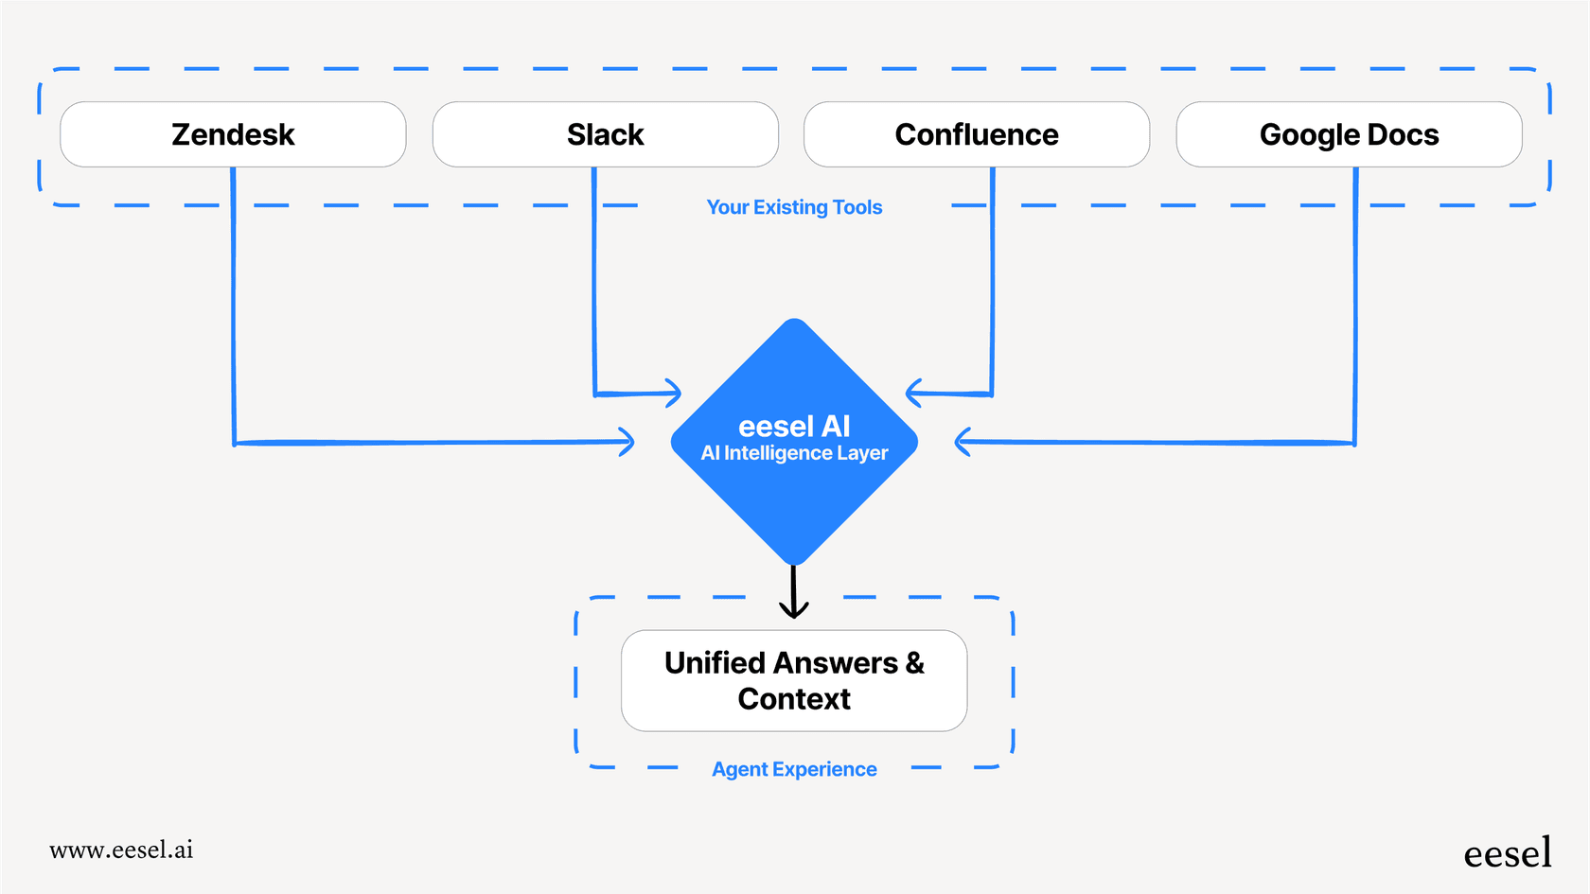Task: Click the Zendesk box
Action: tap(233, 134)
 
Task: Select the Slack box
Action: tap(605, 134)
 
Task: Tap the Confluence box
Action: tap(976, 134)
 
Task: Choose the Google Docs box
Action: tap(1349, 134)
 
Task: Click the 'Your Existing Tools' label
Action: tap(794, 207)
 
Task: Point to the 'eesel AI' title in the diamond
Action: tap(794, 426)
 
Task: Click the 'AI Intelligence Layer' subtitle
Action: tap(794, 453)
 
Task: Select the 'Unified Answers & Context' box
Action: tap(794, 680)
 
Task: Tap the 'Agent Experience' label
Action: tap(794, 769)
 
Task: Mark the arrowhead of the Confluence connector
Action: tap(912, 393)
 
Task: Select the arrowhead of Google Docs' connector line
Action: tap(962, 442)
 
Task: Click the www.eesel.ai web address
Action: tap(121, 850)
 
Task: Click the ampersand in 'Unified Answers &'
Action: tap(914, 662)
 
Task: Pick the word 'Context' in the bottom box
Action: tap(794, 699)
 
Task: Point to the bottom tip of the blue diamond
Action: tap(794, 564)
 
